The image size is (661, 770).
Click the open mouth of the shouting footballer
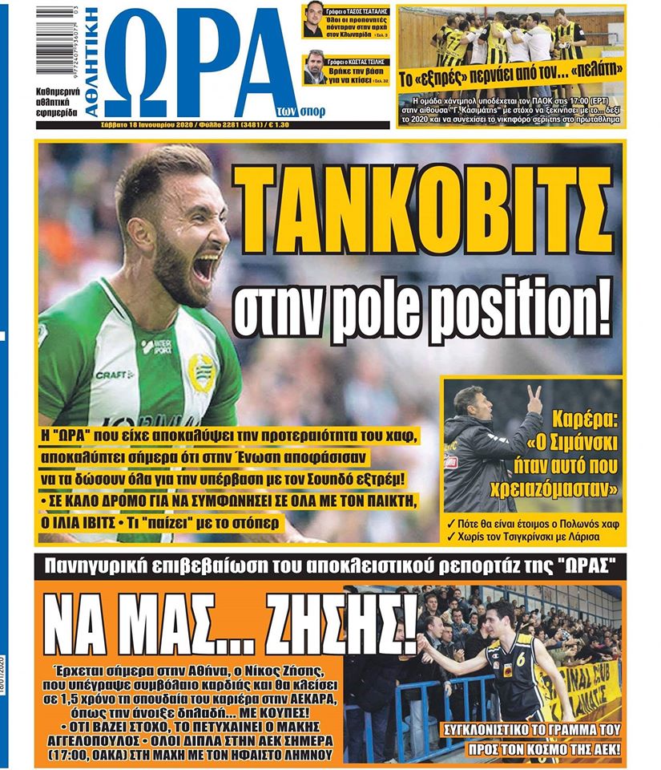pos(206,265)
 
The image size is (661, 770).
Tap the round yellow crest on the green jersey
pos(201,372)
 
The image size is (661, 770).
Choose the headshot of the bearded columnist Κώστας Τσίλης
pos(315,69)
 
